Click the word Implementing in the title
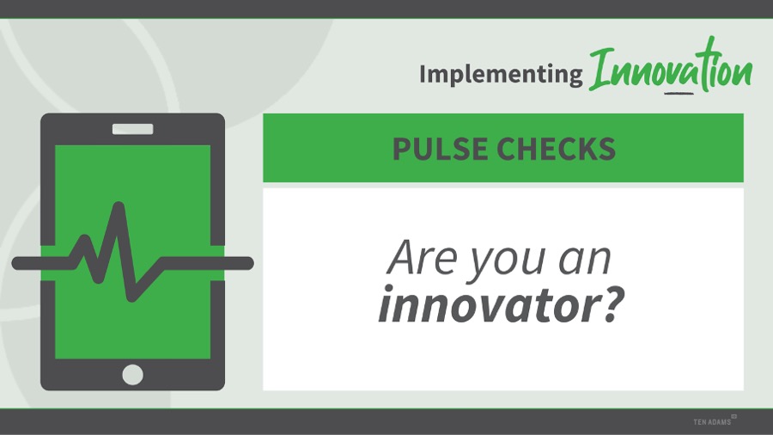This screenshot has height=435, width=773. point(501,75)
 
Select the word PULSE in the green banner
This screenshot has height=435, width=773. point(441,149)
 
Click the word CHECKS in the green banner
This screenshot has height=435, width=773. point(556,149)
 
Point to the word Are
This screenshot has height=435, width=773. point(422,257)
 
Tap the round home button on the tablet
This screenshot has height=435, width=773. point(132,375)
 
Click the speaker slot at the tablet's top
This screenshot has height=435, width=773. point(132,129)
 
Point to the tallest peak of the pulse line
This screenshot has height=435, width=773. point(119,206)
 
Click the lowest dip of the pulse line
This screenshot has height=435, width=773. point(132,296)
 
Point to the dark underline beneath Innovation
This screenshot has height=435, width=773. point(679,92)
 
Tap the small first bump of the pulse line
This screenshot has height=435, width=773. point(85,240)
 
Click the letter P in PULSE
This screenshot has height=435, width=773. point(401,149)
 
